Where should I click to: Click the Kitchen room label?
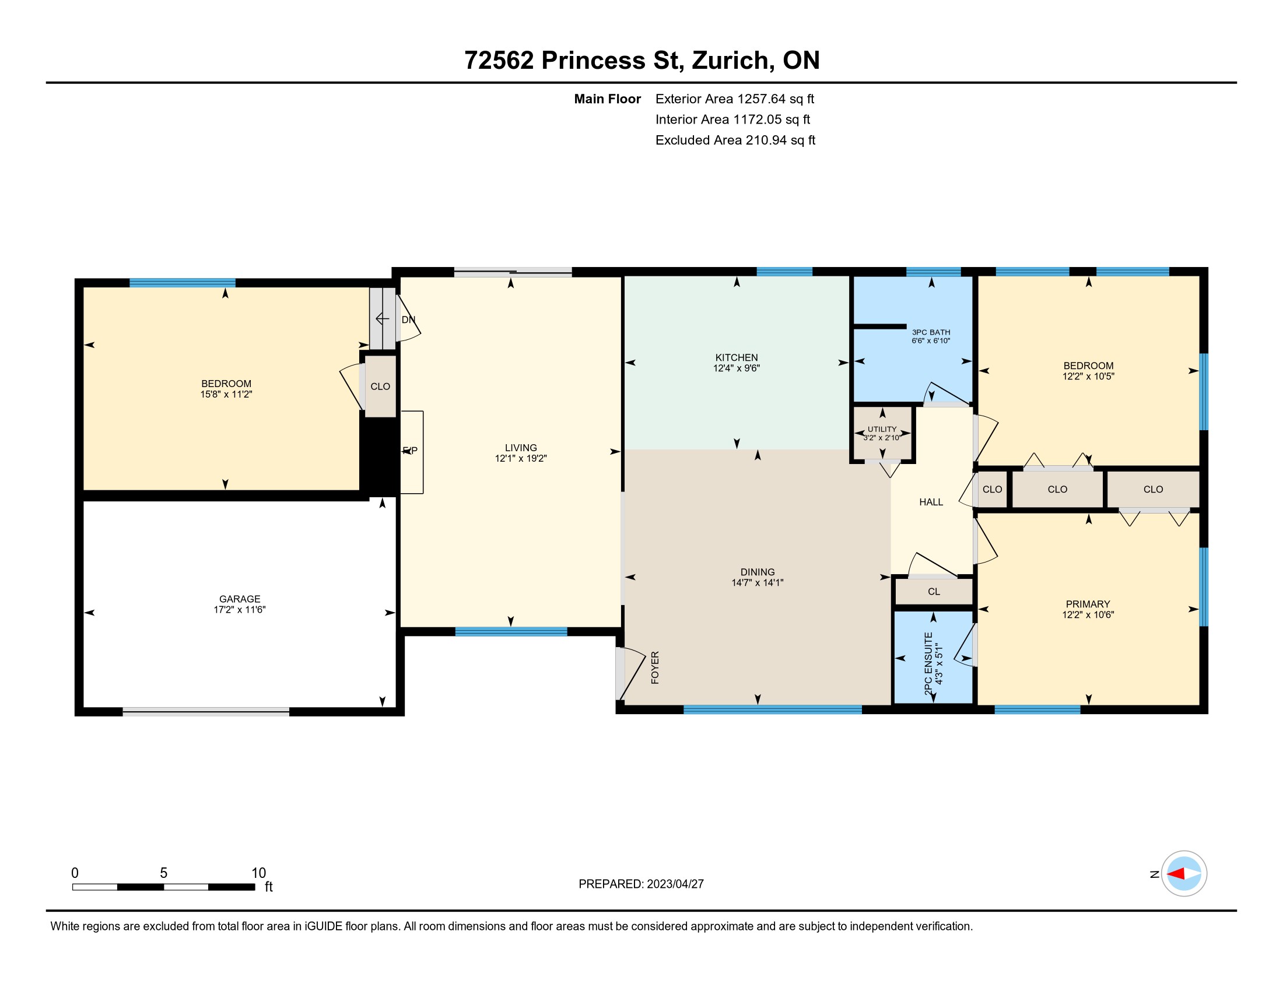click(736, 357)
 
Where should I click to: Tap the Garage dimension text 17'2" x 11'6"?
click(240, 610)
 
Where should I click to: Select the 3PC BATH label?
click(931, 332)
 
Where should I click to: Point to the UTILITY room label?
click(882, 429)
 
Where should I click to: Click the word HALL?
click(931, 502)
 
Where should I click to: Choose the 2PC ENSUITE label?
click(928, 664)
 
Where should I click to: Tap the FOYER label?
click(655, 667)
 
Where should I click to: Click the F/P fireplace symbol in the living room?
click(411, 452)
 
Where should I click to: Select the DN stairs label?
click(408, 320)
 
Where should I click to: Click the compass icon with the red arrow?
click(1184, 874)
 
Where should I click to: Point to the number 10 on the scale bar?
click(258, 873)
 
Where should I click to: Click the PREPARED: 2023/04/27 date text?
click(641, 884)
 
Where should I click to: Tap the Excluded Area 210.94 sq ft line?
click(735, 140)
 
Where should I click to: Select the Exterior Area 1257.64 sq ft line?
click(734, 99)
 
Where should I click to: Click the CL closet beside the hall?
click(934, 592)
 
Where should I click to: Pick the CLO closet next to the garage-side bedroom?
click(380, 386)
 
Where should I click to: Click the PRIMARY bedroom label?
click(1088, 604)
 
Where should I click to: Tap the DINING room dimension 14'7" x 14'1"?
click(757, 583)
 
